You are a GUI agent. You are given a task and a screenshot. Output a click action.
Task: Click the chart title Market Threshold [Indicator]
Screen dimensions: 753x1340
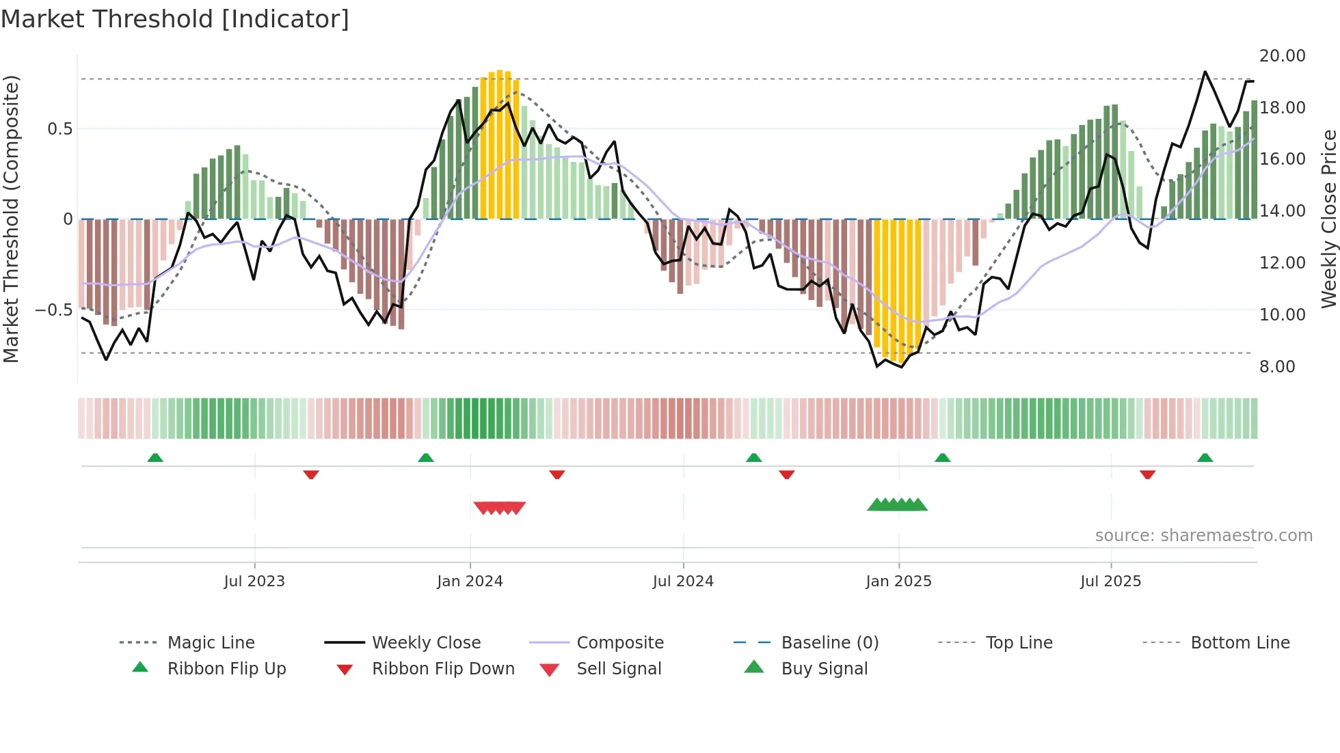175,19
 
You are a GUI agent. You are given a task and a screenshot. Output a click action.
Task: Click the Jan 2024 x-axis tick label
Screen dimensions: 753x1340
470,581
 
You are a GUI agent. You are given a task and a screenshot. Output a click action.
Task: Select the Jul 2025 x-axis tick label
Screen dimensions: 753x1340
1110,581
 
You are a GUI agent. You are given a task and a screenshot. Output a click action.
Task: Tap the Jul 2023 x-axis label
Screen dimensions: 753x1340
254,581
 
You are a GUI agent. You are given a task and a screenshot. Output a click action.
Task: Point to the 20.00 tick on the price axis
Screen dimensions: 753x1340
1282,55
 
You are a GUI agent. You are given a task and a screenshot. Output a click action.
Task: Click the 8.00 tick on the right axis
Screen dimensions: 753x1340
1277,366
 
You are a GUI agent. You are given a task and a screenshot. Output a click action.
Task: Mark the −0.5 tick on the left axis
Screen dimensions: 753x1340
54,310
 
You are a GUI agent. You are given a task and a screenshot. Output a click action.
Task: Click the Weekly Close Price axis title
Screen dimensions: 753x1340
1328,219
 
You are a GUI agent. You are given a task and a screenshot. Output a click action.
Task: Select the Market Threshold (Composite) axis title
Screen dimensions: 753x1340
11,219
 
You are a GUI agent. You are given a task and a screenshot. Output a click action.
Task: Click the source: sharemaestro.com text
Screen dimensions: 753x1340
1203,535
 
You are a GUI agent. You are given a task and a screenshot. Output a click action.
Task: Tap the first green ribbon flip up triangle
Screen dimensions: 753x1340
155,458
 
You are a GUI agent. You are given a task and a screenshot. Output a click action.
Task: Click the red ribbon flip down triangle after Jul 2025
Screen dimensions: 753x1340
1147,474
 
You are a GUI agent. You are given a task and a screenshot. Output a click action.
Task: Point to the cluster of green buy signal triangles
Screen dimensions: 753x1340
897,505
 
